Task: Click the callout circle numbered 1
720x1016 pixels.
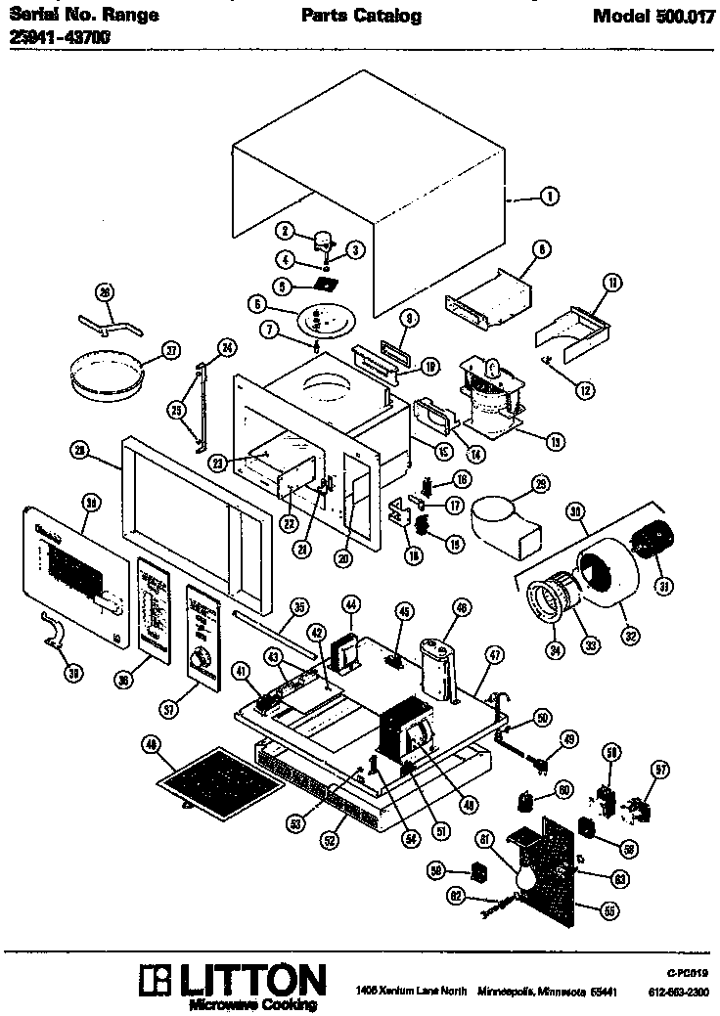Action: [549, 197]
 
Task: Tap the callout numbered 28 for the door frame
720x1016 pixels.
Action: [80, 450]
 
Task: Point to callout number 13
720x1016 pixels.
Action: [556, 441]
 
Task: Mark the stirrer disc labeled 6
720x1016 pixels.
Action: [324, 321]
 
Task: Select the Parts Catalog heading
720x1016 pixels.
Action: [361, 16]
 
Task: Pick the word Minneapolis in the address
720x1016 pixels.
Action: [506, 993]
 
